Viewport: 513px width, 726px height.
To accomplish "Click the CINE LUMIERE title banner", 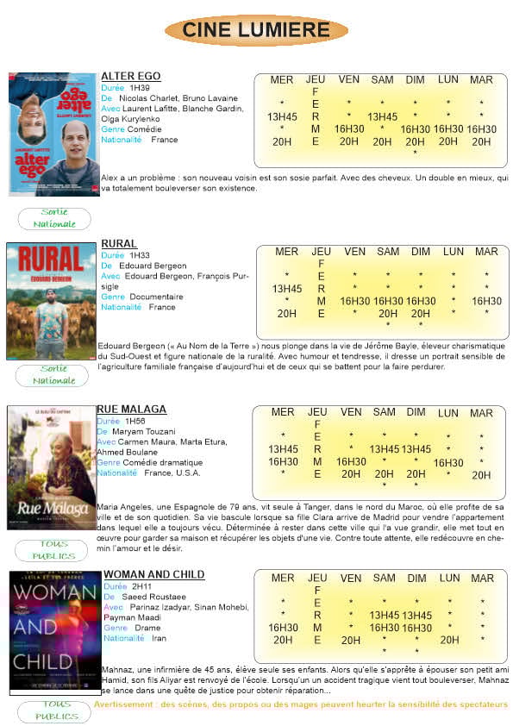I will coord(256,30).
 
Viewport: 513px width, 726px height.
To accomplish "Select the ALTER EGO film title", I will coord(130,76).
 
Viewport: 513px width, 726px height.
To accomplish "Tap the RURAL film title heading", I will coord(119,244).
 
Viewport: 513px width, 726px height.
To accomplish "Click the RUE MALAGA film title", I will coord(131,409).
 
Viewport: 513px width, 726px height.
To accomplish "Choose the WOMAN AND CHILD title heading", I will coord(153,574).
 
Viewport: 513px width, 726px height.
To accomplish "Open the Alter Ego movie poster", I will coord(53,134).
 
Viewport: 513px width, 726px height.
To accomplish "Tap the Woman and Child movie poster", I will coord(55,631).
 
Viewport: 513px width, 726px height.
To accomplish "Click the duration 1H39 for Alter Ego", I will coord(139,88).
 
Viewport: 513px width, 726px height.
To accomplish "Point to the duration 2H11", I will coord(142,586).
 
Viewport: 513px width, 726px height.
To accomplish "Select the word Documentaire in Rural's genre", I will coord(156,297).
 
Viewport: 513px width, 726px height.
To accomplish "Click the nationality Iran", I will coord(159,638).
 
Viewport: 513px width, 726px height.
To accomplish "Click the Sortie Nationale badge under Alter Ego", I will coord(54,219).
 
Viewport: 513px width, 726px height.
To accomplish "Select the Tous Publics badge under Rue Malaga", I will coord(54,549).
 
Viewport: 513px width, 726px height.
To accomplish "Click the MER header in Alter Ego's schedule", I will coord(282,80).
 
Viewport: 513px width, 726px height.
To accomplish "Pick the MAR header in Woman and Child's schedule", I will coord(482,579).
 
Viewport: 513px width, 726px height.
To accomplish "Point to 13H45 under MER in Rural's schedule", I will coord(287,289).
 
